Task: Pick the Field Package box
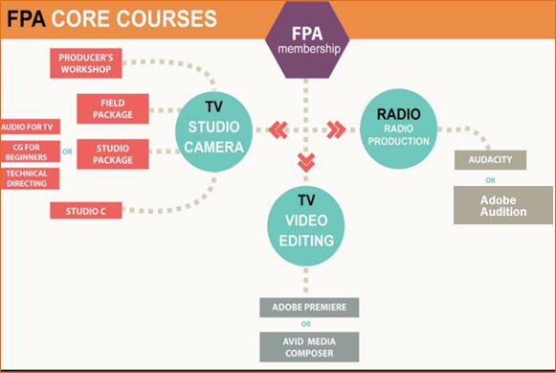coord(112,108)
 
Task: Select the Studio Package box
coord(112,153)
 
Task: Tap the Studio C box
coord(86,210)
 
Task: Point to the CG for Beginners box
coord(30,151)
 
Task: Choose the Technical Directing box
coord(30,178)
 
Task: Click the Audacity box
coord(490,160)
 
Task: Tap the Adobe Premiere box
coord(309,308)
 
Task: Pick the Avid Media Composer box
coord(309,346)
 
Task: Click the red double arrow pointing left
coord(277,129)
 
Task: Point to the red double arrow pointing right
coord(335,129)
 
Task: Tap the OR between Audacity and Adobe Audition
coord(490,178)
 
